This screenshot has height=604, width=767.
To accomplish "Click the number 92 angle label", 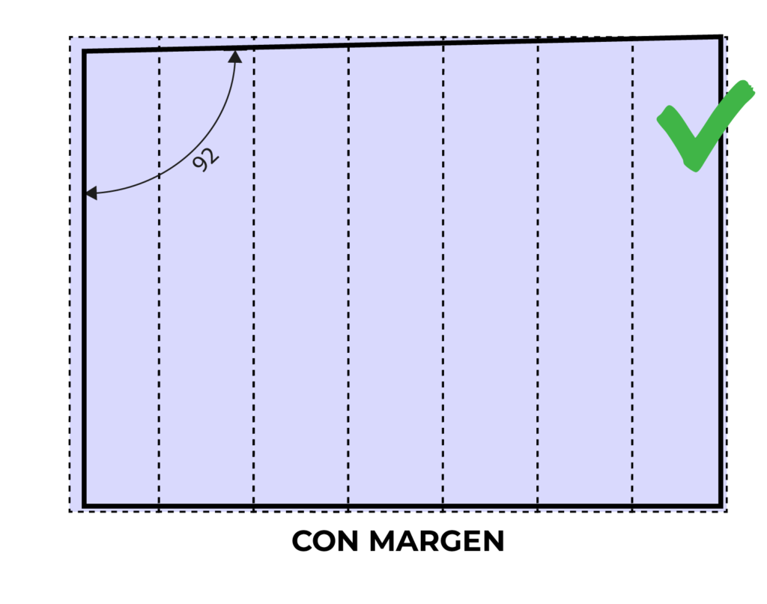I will click(x=205, y=160).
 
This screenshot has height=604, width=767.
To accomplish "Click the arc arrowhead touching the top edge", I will click(x=235, y=55).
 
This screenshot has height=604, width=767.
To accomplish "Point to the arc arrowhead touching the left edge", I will click(x=91, y=193).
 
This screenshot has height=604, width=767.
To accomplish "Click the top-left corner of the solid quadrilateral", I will click(x=84, y=52).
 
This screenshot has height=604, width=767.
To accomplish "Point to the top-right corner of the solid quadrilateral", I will click(x=721, y=40).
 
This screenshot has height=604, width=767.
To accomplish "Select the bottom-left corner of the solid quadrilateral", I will click(x=84, y=504).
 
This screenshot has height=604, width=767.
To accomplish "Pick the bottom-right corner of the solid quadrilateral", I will click(x=721, y=504).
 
